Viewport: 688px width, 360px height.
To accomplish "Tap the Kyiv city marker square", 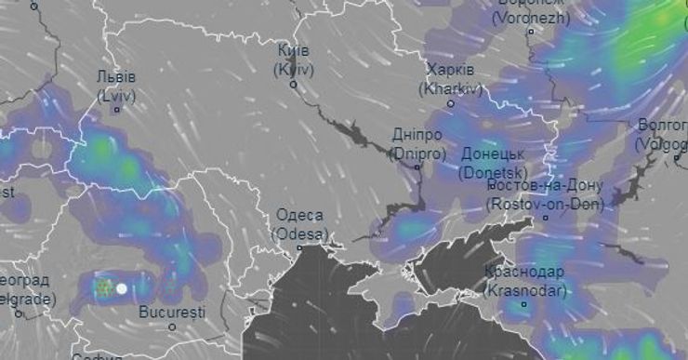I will pyautogui.click(x=294, y=85).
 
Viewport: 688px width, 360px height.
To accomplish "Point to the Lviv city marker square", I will pyautogui.click(x=117, y=110).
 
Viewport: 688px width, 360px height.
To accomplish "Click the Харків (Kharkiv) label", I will pyautogui.click(x=451, y=80).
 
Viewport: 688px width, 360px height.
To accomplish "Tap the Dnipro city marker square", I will pyautogui.click(x=417, y=167).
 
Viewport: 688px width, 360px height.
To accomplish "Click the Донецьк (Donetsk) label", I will pyautogui.click(x=493, y=163).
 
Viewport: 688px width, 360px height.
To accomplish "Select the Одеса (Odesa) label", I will pyautogui.click(x=300, y=224).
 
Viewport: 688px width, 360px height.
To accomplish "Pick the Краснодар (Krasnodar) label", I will pyautogui.click(x=524, y=281).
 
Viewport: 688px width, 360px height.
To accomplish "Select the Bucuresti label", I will pyautogui.click(x=172, y=311).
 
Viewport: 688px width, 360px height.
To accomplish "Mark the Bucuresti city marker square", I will pyautogui.click(x=173, y=327).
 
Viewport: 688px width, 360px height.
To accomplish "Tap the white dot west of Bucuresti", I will pyautogui.click(x=121, y=288).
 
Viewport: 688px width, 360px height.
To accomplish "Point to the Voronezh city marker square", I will pyautogui.click(x=531, y=31).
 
